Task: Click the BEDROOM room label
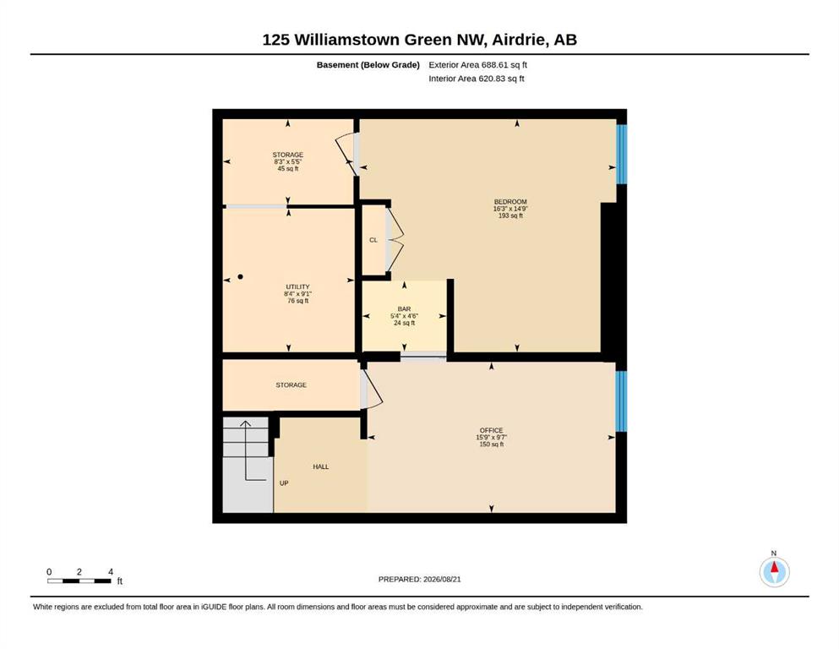click(x=510, y=202)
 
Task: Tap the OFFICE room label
click(x=491, y=430)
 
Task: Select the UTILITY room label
click(x=297, y=286)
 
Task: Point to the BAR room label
click(x=404, y=308)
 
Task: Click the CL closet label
click(x=373, y=240)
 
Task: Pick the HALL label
click(x=320, y=466)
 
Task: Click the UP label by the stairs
click(x=284, y=483)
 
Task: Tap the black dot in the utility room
click(x=240, y=276)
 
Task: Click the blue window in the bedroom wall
click(x=621, y=154)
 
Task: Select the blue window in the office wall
click(x=621, y=401)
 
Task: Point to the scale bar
click(x=79, y=581)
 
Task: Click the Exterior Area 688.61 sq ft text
click(x=478, y=65)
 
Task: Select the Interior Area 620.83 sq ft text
click(x=477, y=79)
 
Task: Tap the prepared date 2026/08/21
click(x=442, y=579)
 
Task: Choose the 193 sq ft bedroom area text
click(x=510, y=215)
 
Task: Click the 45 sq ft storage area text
click(x=288, y=168)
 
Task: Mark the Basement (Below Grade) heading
click(x=368, y=65)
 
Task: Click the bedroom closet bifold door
click(x=395, y=240)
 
